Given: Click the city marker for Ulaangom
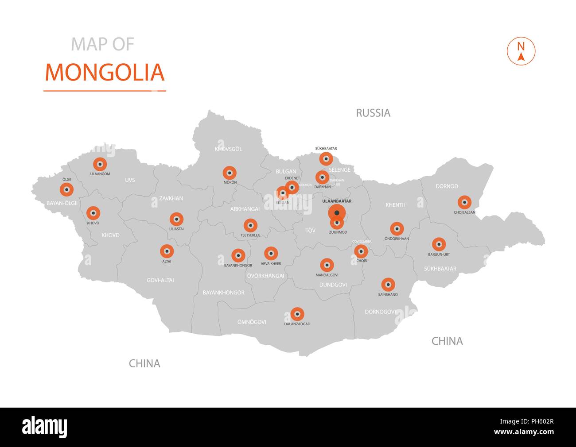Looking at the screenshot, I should coord(100,164).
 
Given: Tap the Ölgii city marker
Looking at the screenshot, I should coord(67,190).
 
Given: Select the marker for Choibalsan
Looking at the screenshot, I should coord(464,203).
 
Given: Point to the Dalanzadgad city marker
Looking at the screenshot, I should coord(297,314).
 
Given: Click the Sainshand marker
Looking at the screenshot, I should coord(388,285).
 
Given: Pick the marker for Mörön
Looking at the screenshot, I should coord(230,173).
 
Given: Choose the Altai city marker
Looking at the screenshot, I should coord(167,252).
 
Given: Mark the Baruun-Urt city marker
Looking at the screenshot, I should coord(439,244).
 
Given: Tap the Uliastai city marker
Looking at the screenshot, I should coord(176,219).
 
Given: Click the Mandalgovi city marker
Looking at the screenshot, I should coord(327,266).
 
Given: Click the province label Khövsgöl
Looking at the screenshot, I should coord(228,149).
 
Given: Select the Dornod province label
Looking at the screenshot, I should coord(447,186).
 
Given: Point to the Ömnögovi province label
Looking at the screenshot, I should coord(252,322).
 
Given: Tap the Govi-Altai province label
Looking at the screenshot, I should coord(160,280).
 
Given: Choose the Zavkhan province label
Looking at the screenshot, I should coord(171,198).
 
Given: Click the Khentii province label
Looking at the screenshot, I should coord(395,205).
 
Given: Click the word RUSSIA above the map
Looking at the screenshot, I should coord(373,113).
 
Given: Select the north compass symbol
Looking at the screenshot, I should coord(521,51).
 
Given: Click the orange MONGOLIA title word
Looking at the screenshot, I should coord(105,73).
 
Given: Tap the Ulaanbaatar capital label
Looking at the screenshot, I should coord(337,201).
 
